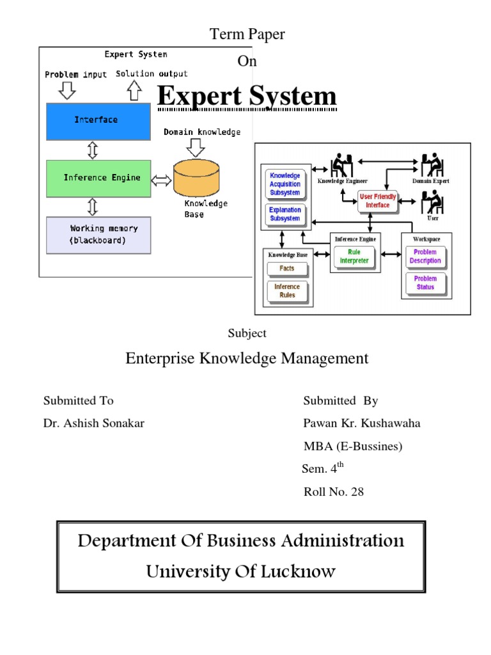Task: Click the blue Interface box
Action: (x=98, y=121)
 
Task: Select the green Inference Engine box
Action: (x=98, y=178)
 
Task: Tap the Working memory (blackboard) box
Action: (x=98, y=235)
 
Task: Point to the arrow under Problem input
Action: (x=66, y=91)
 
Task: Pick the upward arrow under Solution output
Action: (x=134, y=91)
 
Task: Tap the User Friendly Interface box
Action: (x=378, y=201)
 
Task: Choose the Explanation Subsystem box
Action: (x=284, y=214)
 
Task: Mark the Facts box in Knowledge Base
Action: (x=286, y=269)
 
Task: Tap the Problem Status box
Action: (x=425, y=283)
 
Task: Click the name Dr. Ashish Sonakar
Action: (x=94, y=423)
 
